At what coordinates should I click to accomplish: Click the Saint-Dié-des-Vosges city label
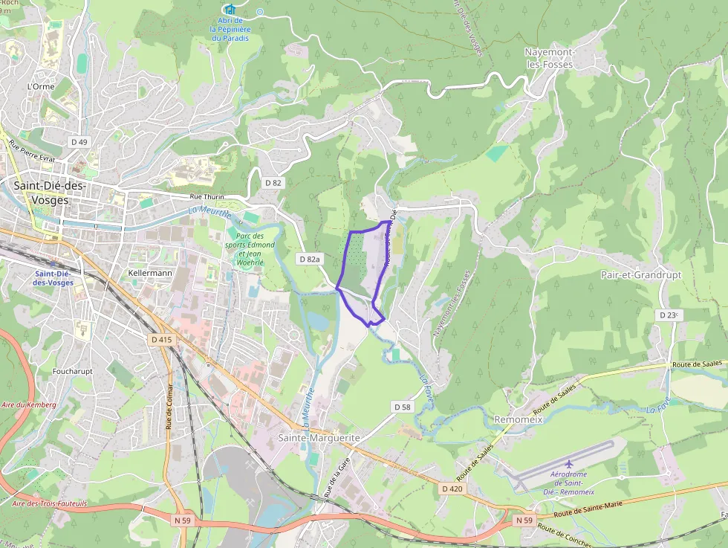coord(50,193)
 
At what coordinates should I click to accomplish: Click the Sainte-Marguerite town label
coord(319,438)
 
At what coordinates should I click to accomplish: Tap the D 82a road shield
coord(310,259)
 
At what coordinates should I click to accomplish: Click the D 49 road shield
coord(79,141)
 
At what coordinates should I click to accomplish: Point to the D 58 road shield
coord(401,407)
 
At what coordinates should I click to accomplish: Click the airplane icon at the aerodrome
coord(569,464)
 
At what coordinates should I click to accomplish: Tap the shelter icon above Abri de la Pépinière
coord(228,10)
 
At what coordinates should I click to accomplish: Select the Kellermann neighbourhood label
coord(150,273)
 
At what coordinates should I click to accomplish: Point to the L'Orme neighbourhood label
coord(41,86)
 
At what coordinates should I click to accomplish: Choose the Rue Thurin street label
coord(207,196)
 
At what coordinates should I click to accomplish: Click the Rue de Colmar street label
coord(169,407)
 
